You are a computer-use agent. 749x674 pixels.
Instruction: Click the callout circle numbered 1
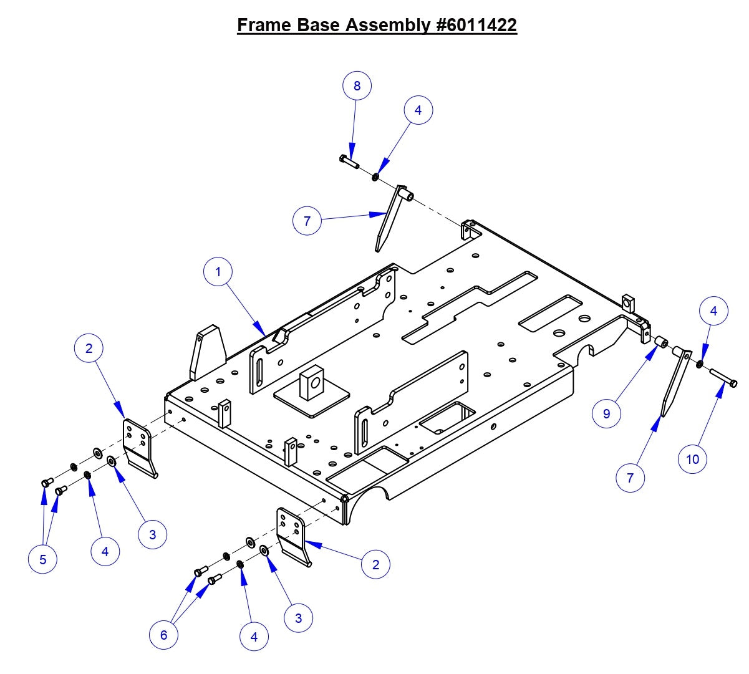pyautogui.click(x=218, y=272)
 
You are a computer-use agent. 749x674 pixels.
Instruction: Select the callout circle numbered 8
pyautogui.click(x=357, y=85)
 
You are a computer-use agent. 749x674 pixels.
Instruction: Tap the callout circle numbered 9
pyautogui.click(x=606, y=413)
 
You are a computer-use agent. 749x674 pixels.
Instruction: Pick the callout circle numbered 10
pyautogui.click(x=692, y=460)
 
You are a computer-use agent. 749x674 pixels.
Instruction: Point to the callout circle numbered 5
pyautogui.click(x=42, y=559)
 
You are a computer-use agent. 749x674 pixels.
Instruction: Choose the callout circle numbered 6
pyautogui.click(x=163, y=635)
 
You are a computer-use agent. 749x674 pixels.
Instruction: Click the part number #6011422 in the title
pyautogui.click(x=473, y=25)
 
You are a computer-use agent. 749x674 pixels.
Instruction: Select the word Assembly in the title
pyautogui.click(x=385, y=25)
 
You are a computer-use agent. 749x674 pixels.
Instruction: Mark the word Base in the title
pyautogui.click(x=319, y=25)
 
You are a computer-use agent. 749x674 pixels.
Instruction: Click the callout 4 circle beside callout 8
pyautogui.click(x=418, y=110)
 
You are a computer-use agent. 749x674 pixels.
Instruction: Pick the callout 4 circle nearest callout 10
pyautogui.click(x=713, y=311)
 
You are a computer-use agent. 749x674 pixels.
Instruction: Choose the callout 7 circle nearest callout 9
pyautogui.click(x=630, y=478)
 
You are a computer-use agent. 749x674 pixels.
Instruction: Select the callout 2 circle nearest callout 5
pyautogui.click(x=89, y=348)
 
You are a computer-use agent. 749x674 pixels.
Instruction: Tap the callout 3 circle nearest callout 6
pyautogui.click(x=298, y=618)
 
